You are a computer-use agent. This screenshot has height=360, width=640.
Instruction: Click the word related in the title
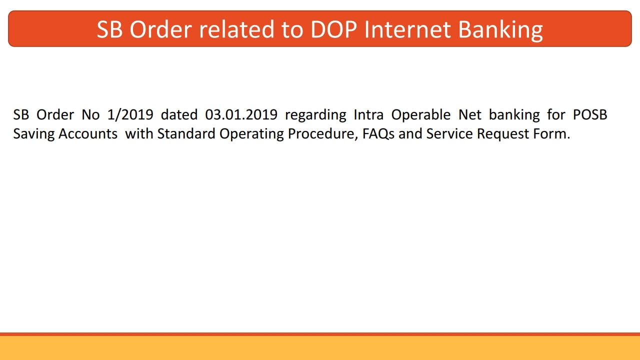click(235, 29)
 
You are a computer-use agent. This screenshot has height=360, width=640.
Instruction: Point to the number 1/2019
click(130, 115)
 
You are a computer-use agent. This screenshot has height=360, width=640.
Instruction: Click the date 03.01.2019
click(241, 115)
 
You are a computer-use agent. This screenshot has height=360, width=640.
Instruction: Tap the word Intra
click(368, 115)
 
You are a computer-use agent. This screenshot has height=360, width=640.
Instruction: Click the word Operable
click(421, 115)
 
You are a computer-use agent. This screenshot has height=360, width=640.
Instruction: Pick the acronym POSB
click(590, 115)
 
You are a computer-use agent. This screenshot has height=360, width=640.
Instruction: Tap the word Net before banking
click(470, 115)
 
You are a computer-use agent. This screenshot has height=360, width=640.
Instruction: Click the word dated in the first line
click(179, 115)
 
